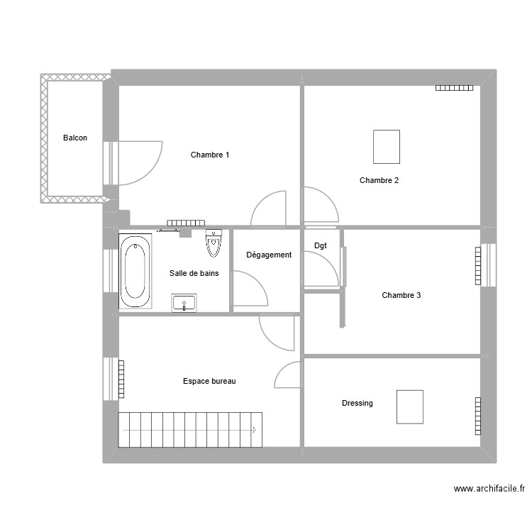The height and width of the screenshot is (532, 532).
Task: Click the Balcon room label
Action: click(x=75, y=138)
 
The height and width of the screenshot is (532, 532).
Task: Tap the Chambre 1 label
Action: click(x=210, y=155)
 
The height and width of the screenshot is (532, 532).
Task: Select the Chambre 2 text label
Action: click(x=379, y=180)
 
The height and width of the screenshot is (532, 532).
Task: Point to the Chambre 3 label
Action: click(x=401, y=295)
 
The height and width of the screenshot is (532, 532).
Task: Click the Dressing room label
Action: click(x=357, y=403)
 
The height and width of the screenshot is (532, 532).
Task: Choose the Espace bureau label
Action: click(x=209, y=381)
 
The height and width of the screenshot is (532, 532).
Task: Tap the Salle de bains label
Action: click(x=194, y=273)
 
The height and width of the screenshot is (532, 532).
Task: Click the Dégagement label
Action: click(x=269, y=255)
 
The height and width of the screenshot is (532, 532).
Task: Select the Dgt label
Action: click(x=321, y=245)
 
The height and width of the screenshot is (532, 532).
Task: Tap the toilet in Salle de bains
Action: click(x=214, y=243)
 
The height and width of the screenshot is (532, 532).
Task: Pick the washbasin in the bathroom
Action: click(x=184, y=303)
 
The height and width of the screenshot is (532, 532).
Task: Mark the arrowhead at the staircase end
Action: click(x=253, y=429)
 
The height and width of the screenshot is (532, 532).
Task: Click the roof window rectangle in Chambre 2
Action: click(x=387, y=147)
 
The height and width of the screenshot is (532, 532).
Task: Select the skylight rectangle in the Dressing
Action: click(x=410, y=406)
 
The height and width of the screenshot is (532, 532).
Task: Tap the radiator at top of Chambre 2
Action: click(x=454, y=88)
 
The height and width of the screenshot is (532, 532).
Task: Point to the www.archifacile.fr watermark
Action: click(x=489, y=489)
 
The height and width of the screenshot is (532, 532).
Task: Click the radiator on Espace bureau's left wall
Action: click(x=121, y=379)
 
